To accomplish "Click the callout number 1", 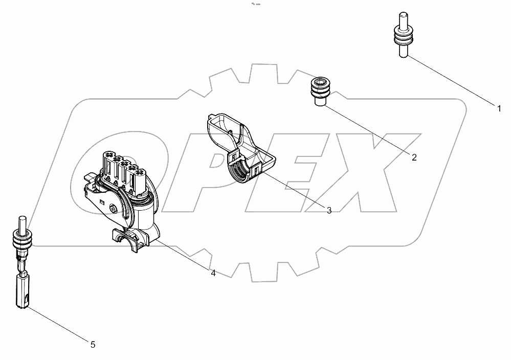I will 499,107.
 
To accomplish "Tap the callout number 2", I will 414,157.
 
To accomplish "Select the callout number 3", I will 329,210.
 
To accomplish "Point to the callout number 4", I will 213,274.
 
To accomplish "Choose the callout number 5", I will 93,345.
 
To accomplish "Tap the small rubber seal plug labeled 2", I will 320,91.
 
